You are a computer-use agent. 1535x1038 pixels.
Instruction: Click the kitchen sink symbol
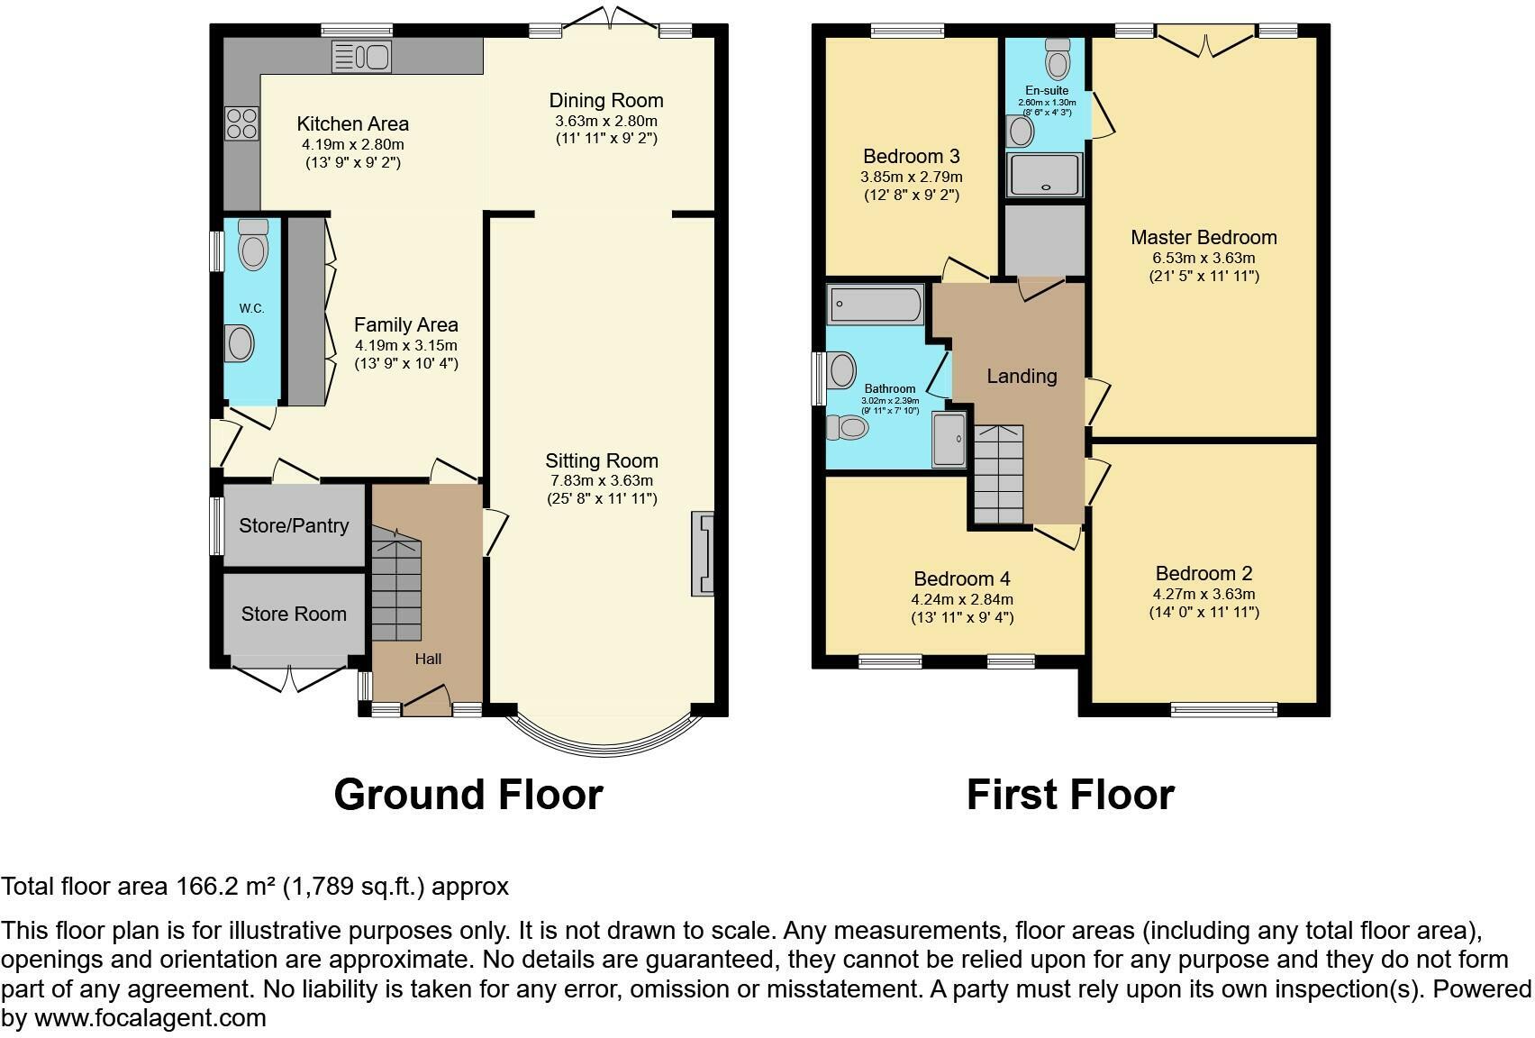coord(361,57)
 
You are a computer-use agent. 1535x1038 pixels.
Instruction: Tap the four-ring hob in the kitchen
coord(241,123)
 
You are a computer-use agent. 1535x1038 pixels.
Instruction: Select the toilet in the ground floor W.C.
coord(253,244)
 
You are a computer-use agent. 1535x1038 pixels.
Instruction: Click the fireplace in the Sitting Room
coord(703,554)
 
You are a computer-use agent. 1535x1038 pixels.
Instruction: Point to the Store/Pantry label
coord(294,525)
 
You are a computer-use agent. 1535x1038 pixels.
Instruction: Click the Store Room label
coord(294,614)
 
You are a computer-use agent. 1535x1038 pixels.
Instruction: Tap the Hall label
coord(428,659)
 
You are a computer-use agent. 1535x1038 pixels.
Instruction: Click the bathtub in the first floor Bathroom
coord(876,305)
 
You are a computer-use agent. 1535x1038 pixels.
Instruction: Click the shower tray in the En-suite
coord(1045,175)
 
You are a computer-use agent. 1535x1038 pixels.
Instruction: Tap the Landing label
coord(1021,376)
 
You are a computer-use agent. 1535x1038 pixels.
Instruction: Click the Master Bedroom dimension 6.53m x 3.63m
coord(1203,258)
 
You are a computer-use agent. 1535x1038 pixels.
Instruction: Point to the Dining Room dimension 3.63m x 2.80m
coord(606,121)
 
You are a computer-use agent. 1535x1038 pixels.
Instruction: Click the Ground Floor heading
coord(468,795)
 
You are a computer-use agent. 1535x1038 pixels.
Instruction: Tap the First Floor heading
coord(1070,795)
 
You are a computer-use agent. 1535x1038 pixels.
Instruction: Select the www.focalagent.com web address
coord(150,1018)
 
